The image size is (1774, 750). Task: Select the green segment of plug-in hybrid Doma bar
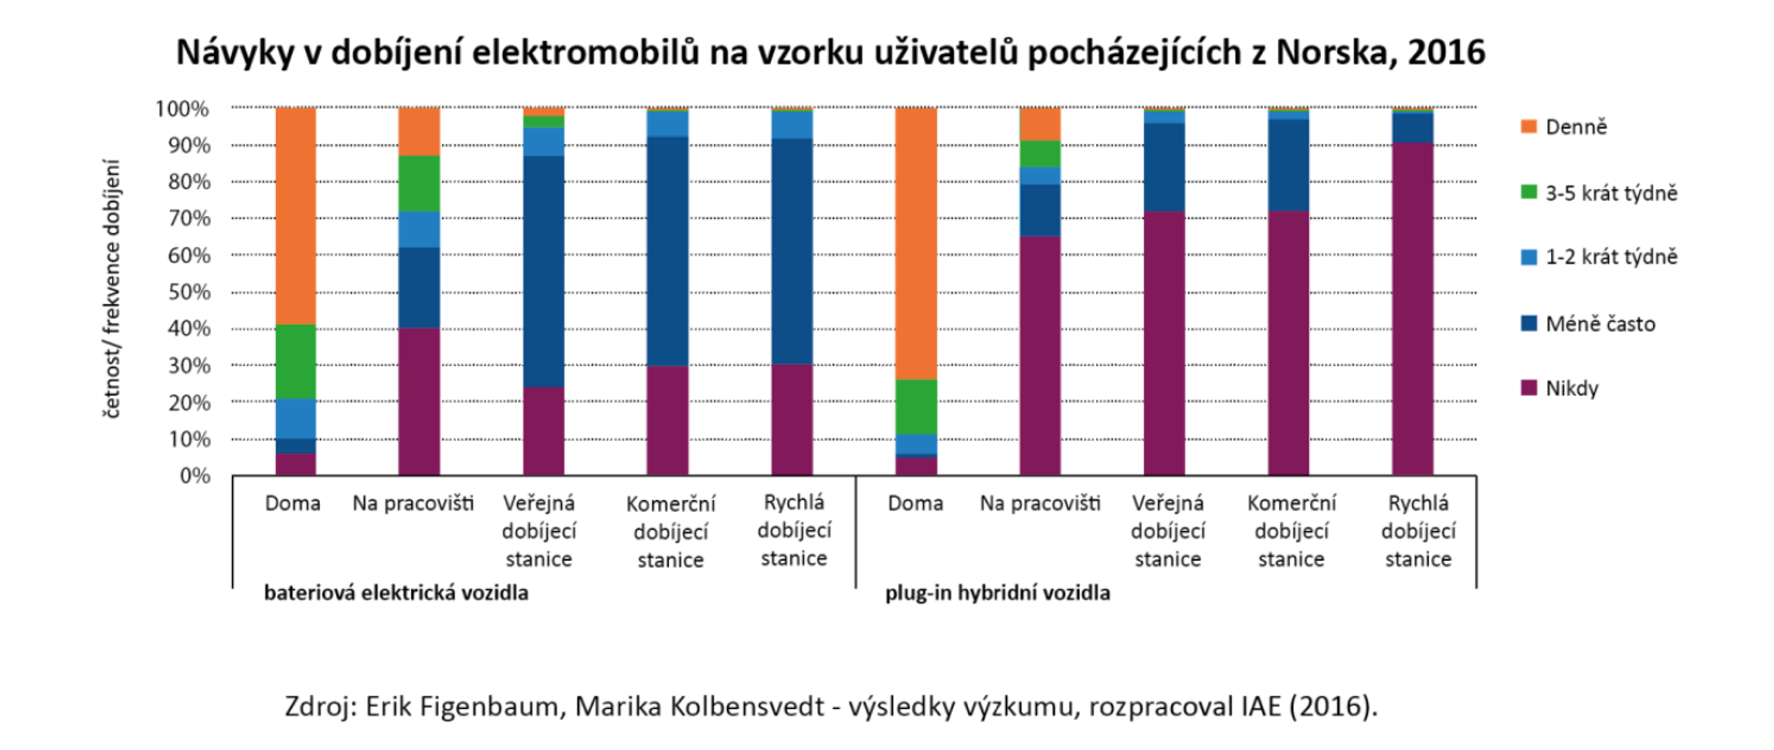pos(916,406)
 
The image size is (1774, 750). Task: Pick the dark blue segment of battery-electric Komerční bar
pos(667,251)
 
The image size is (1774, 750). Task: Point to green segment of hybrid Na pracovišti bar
pos(1040,154)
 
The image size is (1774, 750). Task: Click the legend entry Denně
pos(1575,127)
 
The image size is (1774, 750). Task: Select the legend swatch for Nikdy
pos(1529,388)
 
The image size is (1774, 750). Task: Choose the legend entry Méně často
pos(1600,324)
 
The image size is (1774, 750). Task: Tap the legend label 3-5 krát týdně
pos(1611,194)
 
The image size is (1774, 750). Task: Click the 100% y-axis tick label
pos(183,109)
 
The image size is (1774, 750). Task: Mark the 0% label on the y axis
pos(194,476)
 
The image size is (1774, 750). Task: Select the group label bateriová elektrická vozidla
pos(396,593)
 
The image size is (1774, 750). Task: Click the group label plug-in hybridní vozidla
pos(997,593)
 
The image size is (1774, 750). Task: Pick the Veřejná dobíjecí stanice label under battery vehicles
pos(539,531)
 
